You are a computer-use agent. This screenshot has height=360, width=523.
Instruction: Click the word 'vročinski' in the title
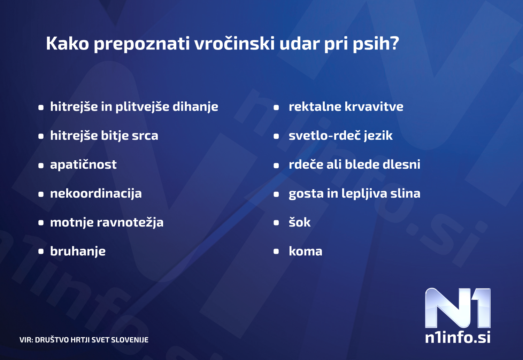pyautogui.click(x=234, y=43)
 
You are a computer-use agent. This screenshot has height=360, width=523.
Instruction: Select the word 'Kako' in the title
pyautogui.click(x=68, y=43)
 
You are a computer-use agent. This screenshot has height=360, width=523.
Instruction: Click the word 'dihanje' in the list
pyautogui.click(x=195, y=107)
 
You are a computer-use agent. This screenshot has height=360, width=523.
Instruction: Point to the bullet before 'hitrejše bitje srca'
pyautogui.click(x=41, y=136)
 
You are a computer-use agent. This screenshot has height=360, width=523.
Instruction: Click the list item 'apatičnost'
pyautogui.click(x=83, y=164)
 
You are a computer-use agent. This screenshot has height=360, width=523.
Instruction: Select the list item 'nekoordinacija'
pyautogui.click(x=96, y=193)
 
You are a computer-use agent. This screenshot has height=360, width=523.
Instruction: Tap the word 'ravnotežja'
pyautogui.click(x=130, y=222)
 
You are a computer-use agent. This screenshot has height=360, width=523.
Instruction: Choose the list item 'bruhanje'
pyautogui.click(x=78, y=251)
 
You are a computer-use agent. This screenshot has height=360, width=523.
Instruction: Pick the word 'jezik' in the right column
pyautogui.click(x=378, y=136)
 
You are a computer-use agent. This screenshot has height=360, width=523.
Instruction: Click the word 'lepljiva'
pyautogui.click(x=364, y=193)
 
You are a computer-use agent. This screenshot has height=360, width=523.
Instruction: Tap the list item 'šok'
pyautogui.click(x=300, y=222)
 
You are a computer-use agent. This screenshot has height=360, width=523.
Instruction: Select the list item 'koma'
pyautogui.click(x=305, y=251)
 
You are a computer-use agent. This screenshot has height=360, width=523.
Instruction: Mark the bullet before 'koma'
pyautogui.click(x=276, y=251)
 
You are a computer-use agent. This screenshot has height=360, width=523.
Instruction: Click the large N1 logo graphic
pyautogui.click(x=457, y=308)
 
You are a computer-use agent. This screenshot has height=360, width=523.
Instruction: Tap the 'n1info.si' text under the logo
pyautogui.click(x=457, y=337)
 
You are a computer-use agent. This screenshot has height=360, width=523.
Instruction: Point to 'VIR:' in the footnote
pyautogui.click(x=26, y=340)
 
